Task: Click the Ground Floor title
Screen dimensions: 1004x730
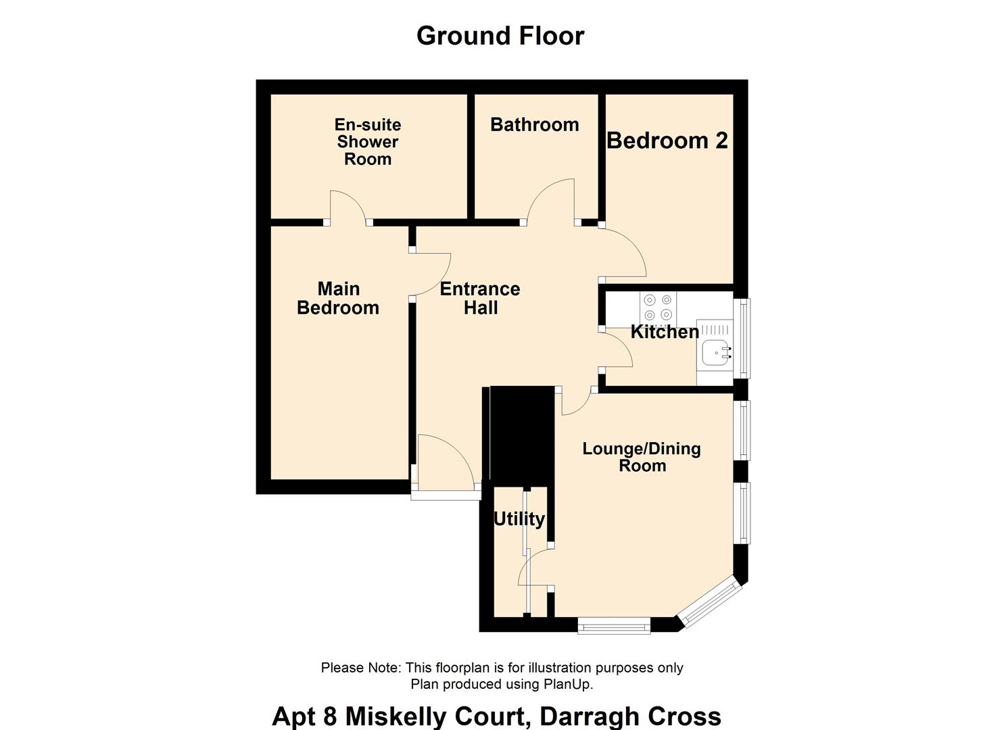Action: coord(500,36)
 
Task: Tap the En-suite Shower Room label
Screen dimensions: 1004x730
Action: coord(368,142)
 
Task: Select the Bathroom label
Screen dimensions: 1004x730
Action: coord(535,124)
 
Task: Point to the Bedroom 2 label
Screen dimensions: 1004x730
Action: coord(667,141)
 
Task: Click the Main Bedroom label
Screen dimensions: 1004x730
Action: coord(339,298)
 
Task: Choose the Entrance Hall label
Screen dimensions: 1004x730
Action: coord(480,298)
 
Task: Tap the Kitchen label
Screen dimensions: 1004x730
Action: coord(665,332)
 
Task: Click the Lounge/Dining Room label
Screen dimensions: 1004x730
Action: coord(642,457)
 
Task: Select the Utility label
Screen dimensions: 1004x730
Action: coord(519,519)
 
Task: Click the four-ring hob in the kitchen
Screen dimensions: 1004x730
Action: coord(658,307)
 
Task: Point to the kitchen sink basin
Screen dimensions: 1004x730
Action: coord(715,352)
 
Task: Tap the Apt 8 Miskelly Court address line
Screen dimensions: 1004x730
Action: coord(496,716)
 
